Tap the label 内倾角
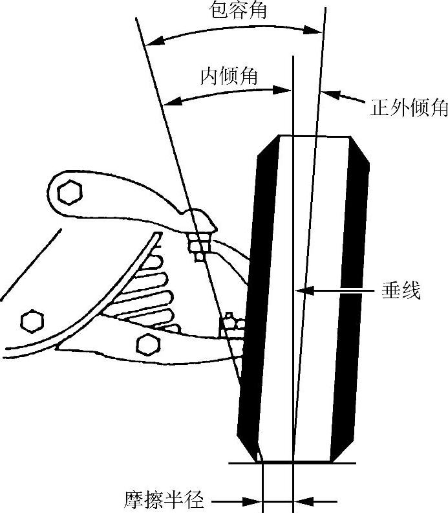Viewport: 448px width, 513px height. pos(229,76)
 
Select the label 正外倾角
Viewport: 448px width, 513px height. pos(409,108)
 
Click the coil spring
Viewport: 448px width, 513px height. pos(152,291)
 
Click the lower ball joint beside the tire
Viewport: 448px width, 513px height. pos(232,325)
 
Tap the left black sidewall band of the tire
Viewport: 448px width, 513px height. pos(255,291)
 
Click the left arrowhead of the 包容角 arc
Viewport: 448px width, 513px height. pos(150,43)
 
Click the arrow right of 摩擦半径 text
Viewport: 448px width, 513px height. pos(248,500)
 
